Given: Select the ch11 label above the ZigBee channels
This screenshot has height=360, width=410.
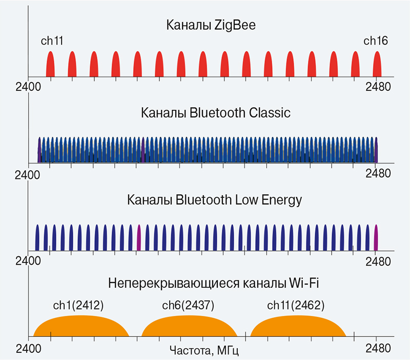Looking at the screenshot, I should click(52, 41).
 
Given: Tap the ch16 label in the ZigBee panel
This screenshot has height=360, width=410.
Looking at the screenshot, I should click(376, 41).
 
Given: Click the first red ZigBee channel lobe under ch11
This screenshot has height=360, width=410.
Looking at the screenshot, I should click(50, 66).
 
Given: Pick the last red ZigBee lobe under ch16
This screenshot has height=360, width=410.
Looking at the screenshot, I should click(377, 66).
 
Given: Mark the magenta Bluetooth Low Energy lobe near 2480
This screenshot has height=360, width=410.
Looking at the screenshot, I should click(376, 238).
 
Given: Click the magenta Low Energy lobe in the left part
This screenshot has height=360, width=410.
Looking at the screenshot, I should click(138, 238).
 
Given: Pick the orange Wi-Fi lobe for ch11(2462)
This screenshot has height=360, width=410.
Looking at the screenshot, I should click(297, 327).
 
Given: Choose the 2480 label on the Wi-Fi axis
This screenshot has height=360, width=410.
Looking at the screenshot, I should click(378, 348).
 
